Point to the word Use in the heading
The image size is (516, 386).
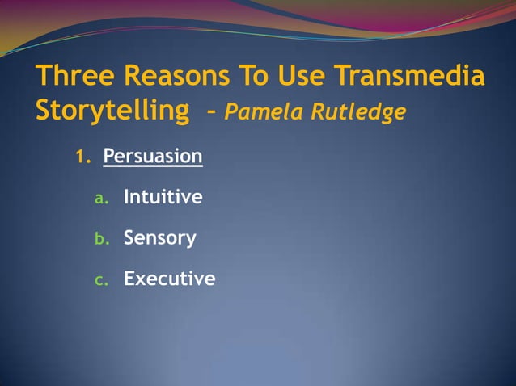(300, 77)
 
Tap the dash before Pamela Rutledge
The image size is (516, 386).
(210, 114)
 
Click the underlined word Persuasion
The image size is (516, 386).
(153, 156)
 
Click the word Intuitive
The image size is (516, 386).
(163, 197)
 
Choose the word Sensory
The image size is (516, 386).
(159, 238)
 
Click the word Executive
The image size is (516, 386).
(169, 279)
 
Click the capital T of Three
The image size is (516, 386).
(43, 77)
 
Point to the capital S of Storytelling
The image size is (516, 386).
(44, 111)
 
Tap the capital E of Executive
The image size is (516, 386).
(129, 279)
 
